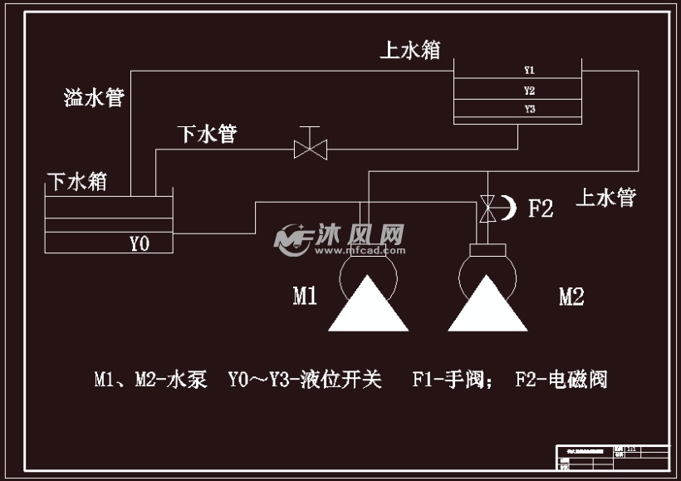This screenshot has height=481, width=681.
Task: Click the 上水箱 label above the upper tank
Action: (x=409, y=50)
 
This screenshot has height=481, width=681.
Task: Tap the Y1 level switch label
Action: (x=529, y=70)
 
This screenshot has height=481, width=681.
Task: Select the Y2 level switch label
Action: (x=529, y=90)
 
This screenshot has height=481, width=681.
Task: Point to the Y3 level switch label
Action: (x=529, y=109)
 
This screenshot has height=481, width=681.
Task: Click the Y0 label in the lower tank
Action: (x=139, y=243)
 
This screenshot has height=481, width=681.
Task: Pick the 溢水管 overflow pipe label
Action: (x=94, y=98)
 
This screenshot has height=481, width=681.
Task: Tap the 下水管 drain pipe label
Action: (x=207, y=134)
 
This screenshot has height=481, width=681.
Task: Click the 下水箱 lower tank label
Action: (x=76, y=181)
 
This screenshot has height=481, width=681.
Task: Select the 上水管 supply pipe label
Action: (x=605, y=198)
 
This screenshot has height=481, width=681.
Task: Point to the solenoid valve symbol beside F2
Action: (x=488, y=209)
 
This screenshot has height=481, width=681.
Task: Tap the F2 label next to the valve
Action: (x=541, y=208)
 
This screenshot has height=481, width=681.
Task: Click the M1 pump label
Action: (x=305, y=296)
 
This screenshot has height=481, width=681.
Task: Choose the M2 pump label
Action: (x=571, y=297)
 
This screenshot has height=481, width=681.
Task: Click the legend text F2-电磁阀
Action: (x=561, y=380)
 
